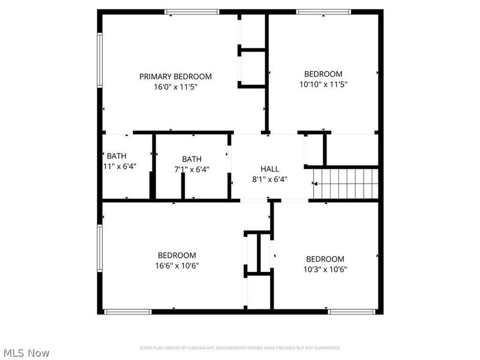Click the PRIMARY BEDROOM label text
(x=175, y=76)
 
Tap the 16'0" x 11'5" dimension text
(x=175, y=87)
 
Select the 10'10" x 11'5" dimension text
(x=323, y=85)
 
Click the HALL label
(x=269, y=169)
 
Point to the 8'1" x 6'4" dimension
(x=269, y=179)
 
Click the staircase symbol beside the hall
(x=346, y=183)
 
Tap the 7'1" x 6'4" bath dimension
(x=191, y=170)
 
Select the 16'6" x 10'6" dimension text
(x=176, y=266)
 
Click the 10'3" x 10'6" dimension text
(x=325, y=269)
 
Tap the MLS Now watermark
(x=25, y=353)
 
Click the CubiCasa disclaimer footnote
(x=239, y=348)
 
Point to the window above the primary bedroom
(x=192, y=11)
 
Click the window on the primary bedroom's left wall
(x=100, y=60)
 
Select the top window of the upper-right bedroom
(x=324, y=11)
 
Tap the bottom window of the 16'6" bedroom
(x=128, y=311)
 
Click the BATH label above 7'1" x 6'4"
(x=192, y=159)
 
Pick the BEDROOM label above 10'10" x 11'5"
(x=323, y=74)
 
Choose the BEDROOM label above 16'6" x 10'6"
(x=176, y=255)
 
